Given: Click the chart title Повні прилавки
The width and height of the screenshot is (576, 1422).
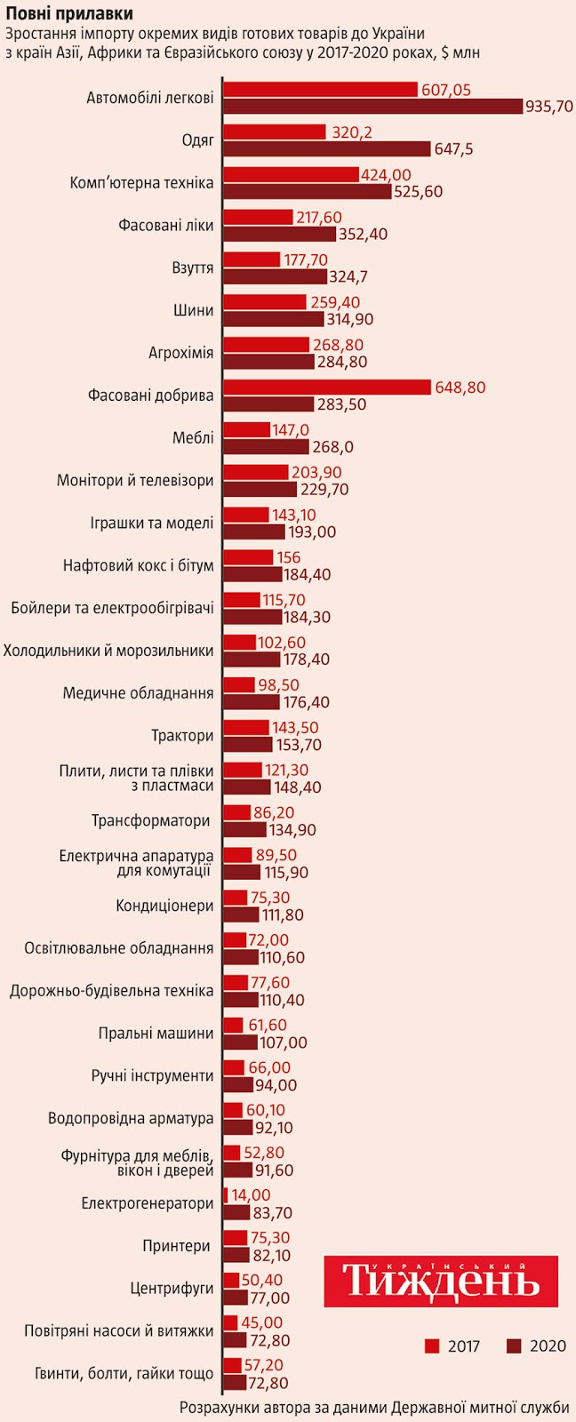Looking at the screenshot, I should coord(70,13).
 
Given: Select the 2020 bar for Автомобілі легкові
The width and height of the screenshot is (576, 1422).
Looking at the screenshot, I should coord(372,107).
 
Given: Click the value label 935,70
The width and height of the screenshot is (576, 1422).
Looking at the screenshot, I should coord(549,107).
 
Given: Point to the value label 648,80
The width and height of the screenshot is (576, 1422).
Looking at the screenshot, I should coord(460,387).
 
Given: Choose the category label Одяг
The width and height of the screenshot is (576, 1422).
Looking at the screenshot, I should coord(197,140).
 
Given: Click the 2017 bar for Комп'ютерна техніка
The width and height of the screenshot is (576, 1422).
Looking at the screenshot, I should coord(291,174).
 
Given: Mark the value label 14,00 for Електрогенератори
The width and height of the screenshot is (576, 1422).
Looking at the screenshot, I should coord(252,1195).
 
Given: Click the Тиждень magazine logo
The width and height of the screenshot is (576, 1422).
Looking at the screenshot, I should coord(441,1281).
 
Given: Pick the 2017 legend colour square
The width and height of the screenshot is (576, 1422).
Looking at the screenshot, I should coord(433,1346).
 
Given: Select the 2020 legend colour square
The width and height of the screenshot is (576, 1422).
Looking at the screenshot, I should coord(514,1346).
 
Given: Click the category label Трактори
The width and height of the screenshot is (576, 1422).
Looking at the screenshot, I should coord(183,736).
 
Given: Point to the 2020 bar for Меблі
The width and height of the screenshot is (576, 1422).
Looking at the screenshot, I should coord(266,446).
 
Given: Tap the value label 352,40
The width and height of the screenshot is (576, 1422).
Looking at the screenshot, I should coord(364,234).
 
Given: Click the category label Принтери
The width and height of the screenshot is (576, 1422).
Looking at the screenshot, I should coord(179,1246).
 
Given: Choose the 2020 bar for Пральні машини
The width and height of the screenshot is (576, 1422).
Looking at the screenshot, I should coord(240,1042).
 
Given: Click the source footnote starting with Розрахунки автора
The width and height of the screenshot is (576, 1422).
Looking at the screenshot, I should coord(374,1408).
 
